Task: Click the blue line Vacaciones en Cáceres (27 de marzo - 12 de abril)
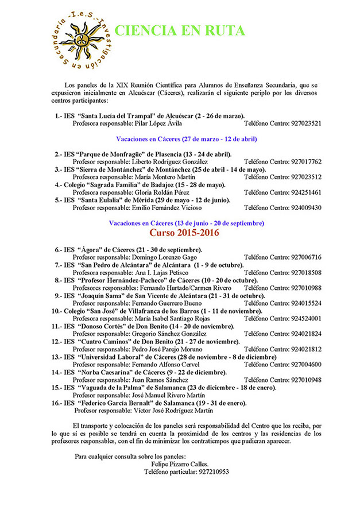coord(187,139)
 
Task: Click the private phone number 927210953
coord(205,472)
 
